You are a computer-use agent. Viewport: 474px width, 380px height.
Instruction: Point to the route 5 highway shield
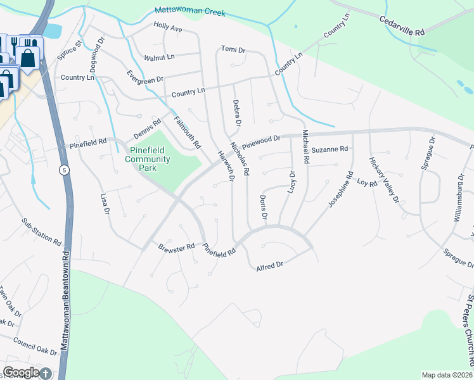pyautogui.click(x=64, y=170)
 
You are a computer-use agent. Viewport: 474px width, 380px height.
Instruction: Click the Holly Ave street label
pyautogui.click(x=168, y=28)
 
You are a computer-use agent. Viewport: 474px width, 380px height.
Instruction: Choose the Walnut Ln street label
pyautogui.click(x=159, y=58)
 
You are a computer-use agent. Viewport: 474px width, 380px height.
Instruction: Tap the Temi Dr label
pyautogui.click(x=233, y=49)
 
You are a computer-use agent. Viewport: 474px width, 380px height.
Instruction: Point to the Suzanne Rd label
pyautogui.click(x=330, y=149)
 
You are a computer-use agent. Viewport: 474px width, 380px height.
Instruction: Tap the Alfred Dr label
pyautogui.click(x=269, y=267)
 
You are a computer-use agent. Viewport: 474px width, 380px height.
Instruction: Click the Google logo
pyautogui.click(x=21, y=373)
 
